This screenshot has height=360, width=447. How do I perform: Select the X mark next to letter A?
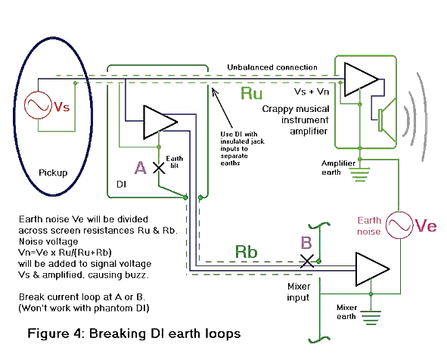pos(159,169)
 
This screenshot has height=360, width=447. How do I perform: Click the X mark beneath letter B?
pos(307,260)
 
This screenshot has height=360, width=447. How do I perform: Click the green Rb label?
pos(250,250)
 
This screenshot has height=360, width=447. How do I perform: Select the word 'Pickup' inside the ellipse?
pos(52,172)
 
